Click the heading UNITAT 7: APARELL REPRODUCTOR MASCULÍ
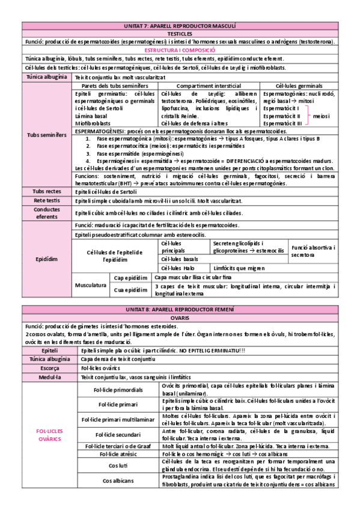(180, 26)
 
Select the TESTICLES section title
(180, 34)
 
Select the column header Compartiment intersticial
(209, 86)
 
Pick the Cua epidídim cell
(130, 289)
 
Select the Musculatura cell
(90, 283)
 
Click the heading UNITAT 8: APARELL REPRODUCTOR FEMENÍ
(180, 309)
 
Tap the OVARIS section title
(180, 316)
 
